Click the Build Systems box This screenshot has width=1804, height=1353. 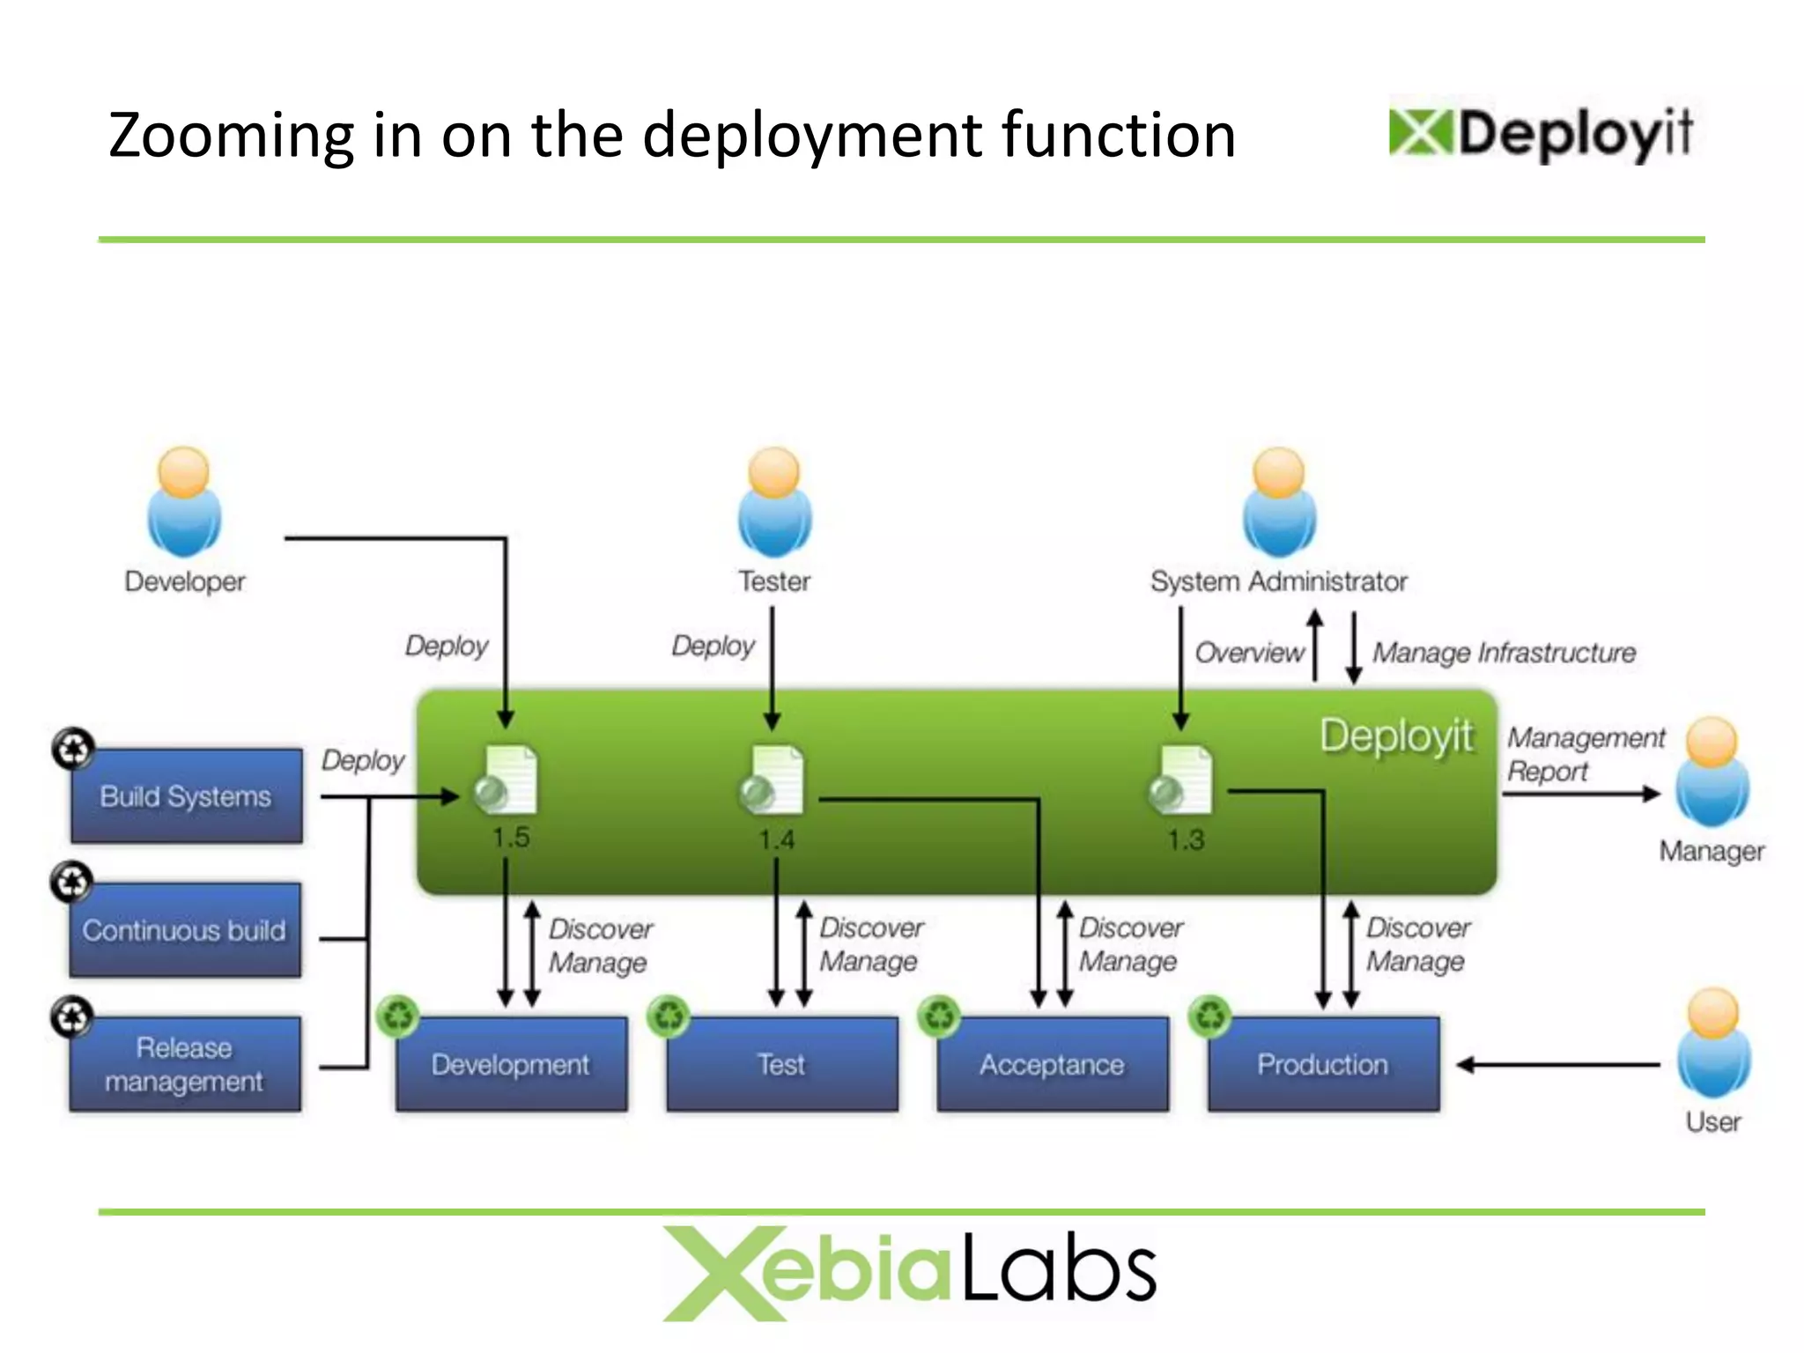[186, 796]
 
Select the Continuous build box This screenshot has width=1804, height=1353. [185, 930]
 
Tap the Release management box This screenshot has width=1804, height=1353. [185, 1064]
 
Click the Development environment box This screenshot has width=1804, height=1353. [512, 1064]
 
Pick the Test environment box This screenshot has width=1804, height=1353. [782, 1064]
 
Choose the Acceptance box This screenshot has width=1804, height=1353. [1053, 1064]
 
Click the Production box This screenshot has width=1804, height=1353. [1323, 1064]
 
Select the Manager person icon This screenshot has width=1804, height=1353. [1712, 773]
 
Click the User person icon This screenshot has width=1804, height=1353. [1713, 1043]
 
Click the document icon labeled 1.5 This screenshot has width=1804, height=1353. [506, 780]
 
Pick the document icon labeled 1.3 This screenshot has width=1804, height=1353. [1182, 780]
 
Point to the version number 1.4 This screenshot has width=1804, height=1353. [777, 839]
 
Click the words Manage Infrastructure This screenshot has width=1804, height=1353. [1504, 653]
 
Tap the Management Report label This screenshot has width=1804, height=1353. [1585, 754]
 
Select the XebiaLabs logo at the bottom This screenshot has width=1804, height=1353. [909, 1272]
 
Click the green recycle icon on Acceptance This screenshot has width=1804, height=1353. [940, 1016]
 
